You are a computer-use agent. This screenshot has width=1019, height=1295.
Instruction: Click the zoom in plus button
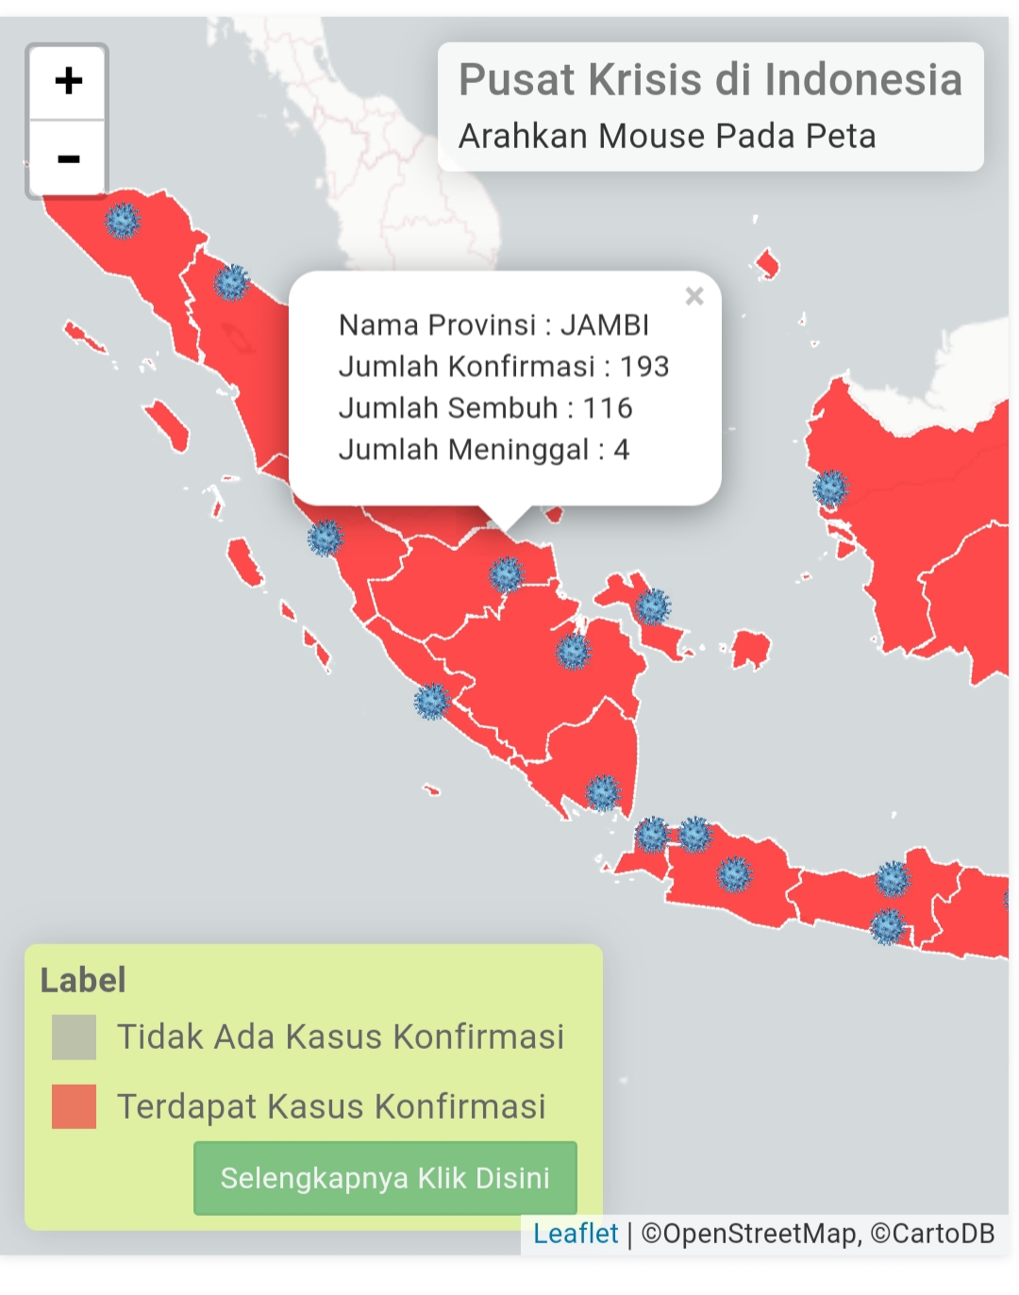tap(68, 81)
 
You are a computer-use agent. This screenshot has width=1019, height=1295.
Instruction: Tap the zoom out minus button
tap(68, 158)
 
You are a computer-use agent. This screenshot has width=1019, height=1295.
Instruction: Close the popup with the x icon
tap(694, 296)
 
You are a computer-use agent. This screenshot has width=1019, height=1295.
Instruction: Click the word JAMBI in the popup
tap(605, 325)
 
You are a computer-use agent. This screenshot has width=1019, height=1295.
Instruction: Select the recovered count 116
tap(608, 408)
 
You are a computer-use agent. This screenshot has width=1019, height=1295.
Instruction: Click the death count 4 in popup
tap(621, 450)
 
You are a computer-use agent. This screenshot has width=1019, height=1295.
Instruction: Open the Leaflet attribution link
tap(576, 1234)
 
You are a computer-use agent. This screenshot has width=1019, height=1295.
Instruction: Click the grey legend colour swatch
tap(74, 1038)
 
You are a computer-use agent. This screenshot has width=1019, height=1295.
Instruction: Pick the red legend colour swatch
tap(74, 1106)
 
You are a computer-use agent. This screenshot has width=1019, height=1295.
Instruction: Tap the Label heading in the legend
tap(83, 981)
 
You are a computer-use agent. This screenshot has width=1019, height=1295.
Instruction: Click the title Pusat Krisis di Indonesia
tap(710, 80)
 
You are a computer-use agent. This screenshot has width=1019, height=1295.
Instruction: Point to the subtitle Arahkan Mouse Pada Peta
tap(667, 137)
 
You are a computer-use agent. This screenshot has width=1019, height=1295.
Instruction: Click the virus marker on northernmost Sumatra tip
tap(122, 221)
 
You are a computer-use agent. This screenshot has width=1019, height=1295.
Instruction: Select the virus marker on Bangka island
tap(652, 606)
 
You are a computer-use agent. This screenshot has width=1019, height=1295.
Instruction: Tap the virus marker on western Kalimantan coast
tap(830, 489)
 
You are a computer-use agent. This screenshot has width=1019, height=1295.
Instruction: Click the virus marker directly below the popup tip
tap(506, 573)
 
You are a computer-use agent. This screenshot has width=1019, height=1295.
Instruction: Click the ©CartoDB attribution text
tap(932, 1234)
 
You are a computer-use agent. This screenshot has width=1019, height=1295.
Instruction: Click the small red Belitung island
tap(751, 649)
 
